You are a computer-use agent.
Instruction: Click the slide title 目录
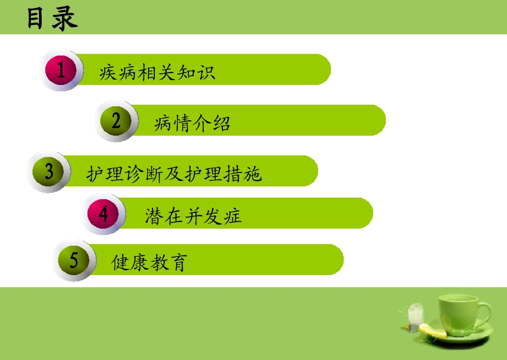[52, 19]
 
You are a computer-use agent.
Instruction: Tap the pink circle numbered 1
[61, 70]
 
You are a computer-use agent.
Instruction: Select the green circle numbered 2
[116, 121]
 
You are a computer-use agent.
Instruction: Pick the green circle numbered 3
[49, 171]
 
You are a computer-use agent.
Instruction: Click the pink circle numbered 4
[104, 214]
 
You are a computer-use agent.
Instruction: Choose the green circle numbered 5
[74, 260]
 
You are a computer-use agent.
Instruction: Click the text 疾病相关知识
[157, 72]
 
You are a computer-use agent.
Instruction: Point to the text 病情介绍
[192, 124]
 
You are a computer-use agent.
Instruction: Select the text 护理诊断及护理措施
[174, 174]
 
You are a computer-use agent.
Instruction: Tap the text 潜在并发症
[193, 216]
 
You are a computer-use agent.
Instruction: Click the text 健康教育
[149, 263]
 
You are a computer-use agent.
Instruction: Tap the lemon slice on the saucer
[433, 331]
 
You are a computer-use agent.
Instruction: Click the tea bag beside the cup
[414, 317]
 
